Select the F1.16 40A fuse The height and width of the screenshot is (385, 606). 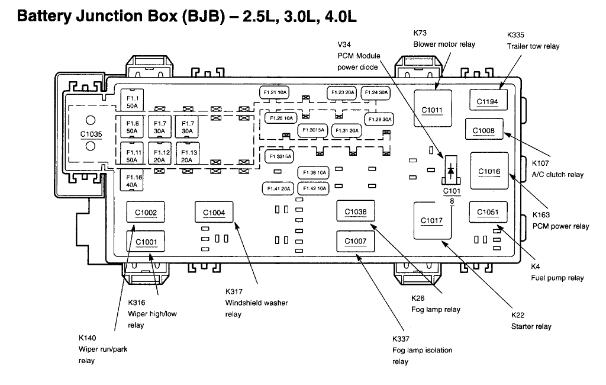click(131, 181)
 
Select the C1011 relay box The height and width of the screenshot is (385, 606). click(432, 110)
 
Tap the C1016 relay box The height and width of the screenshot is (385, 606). click(489, 172)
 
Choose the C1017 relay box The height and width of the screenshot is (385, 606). click(432, 221)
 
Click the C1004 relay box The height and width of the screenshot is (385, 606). click(214, 213)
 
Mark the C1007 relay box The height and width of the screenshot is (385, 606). click(356, 241)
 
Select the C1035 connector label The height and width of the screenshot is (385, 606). click(91, 134)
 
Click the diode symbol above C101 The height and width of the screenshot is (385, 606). click(451, 171)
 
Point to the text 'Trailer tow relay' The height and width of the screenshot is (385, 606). click(533, 46)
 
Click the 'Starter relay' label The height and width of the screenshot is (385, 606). click(531, 326)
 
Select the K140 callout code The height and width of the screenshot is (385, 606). click(88, 337)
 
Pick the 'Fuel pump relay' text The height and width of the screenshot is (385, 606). click(557, 278)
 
